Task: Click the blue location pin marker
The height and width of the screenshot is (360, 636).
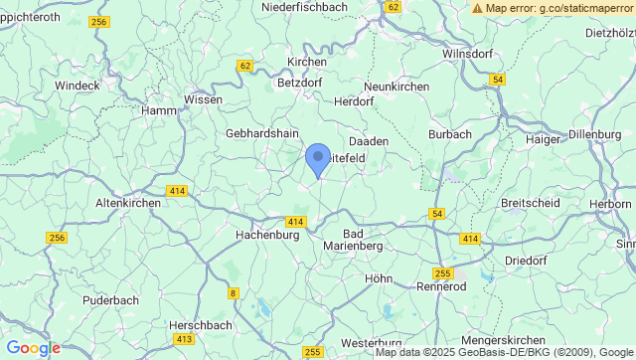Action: (317, 159)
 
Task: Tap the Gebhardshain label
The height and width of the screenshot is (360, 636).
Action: (262, 132)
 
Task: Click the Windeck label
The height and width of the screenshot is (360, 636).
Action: (78, 86)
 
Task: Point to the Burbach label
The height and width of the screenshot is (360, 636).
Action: (449, 133)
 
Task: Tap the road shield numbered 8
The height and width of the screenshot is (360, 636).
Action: (234, 292)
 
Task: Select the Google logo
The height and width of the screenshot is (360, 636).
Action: (33, 348)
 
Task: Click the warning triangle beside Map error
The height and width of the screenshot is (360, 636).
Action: (478, 8)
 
